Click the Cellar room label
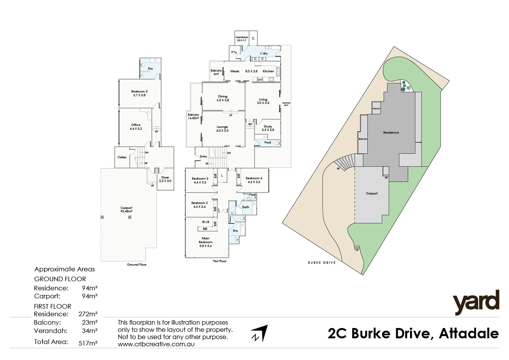click(122, 157)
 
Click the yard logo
click(475, 303)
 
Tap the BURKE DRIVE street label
click(322, 263)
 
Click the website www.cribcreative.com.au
click(156, 344)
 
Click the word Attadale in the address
click(469, 334)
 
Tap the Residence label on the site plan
click(391, 132)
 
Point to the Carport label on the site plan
click(372, 193)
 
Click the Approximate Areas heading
click(64, 269)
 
